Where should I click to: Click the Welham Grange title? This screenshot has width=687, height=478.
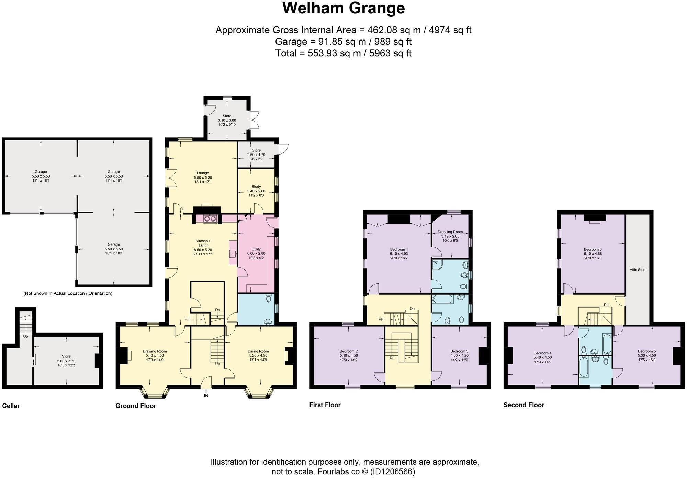pyautogui.click(x=343, y=8)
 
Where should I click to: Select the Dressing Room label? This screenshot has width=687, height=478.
pyautogui.click(x=450, y=232)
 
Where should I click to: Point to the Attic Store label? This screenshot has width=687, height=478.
pyautogui.click(x=638, y=270)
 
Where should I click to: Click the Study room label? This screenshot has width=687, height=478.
pyautogui.click(x=256, y=187)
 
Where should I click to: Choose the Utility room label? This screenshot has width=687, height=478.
pyautogui.click(x=256, y=249)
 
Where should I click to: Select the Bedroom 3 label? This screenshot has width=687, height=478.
pyautogui.click(x=459, y=351)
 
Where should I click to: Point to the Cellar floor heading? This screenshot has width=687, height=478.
pyautogui.click(x=11, y=406)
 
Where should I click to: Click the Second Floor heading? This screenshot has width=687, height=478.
pyautogui.click(x=523, y=405)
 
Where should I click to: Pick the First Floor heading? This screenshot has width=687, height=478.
pyautogui.click(x=325, y=405)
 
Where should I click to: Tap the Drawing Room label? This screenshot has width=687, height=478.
pyautogui.click(x=155, y=351)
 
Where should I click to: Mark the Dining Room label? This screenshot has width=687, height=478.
pyautogui.click(x=258, y=351)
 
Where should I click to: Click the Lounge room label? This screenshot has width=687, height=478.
pyautogui.click(x=203, y=173)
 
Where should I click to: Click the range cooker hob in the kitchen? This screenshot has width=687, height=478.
pyautogui.click(x=210, y=218)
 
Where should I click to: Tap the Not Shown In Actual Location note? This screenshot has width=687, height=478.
pyautogui.click(x=68, y=294)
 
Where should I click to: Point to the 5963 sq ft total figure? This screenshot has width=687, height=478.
pyautogui.click(x=390, y=54)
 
